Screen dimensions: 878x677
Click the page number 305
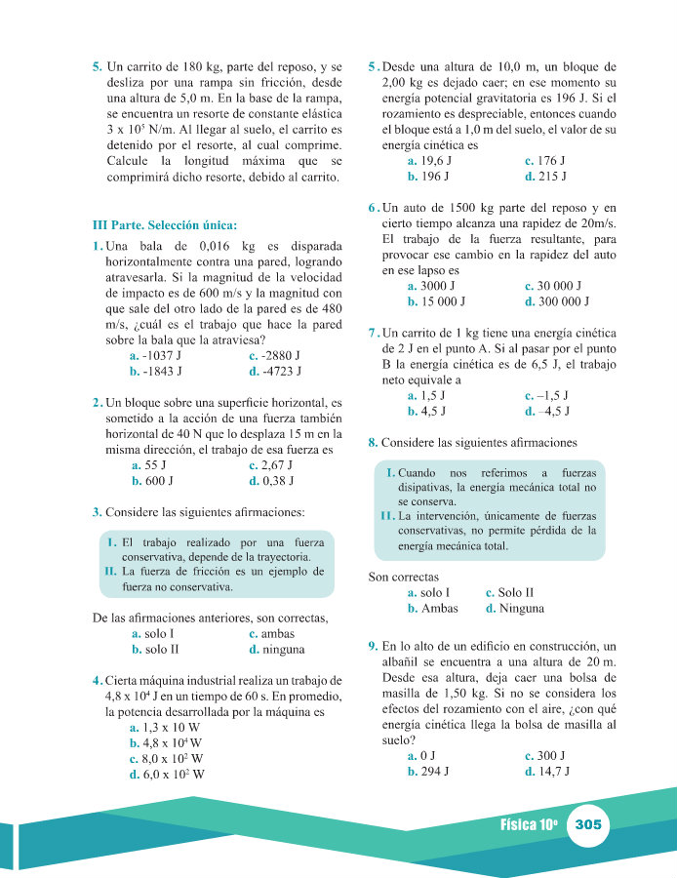pyautogui.click(x=588, y=824)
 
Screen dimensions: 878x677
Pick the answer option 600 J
pyautogui.click(x=159, y=481)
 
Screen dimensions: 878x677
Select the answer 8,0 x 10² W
pyautogui.click(x=173, y=759)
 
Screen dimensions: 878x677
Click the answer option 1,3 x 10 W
pyautogui.click(x=171, y=728)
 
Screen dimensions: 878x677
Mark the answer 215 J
pyautogui.click(x=552, y=177)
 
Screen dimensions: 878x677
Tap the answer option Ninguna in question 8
pyautogui.click(x=521, y=608)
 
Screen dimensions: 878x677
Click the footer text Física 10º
pyautogui.click(x=529, y=824)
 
